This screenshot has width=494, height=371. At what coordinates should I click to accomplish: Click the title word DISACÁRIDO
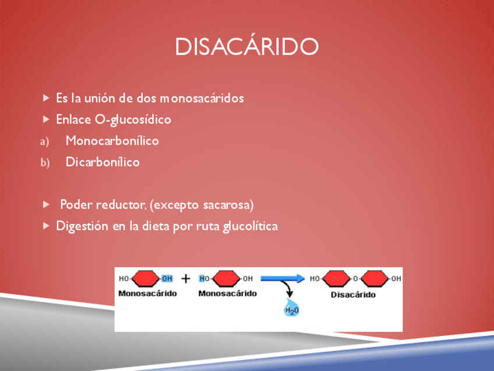(247, 47)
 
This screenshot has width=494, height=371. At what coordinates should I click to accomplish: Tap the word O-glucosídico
(133, 120)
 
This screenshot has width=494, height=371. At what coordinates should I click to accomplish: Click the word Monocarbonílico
(112, 141)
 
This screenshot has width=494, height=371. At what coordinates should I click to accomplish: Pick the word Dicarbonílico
(103, 162)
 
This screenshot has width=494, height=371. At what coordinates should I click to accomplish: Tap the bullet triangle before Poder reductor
(47, 205)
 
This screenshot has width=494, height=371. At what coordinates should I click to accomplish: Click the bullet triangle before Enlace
(47, 120)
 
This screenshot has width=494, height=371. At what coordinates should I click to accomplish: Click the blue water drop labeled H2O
(291, 309)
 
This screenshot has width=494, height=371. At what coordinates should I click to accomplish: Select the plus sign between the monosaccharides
(186, 279)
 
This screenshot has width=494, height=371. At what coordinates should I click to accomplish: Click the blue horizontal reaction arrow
(283, 279)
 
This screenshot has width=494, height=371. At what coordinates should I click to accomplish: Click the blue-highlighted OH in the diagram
(167, 279)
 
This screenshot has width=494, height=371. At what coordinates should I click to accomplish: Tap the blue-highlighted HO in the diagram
(203, 279)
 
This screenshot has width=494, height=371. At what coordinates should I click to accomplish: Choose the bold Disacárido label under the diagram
(353, 295)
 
